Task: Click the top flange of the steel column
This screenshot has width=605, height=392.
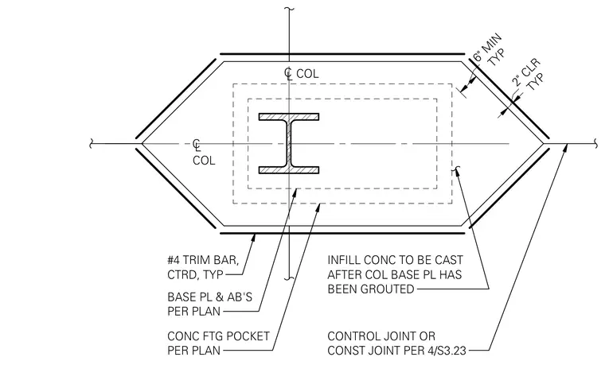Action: [x=289, y=116]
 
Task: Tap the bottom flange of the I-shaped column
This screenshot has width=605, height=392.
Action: [x=289, y=170]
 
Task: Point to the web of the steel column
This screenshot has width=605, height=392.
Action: [x=289, y=143]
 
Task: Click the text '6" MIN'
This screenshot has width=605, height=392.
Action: [x=488, y=48]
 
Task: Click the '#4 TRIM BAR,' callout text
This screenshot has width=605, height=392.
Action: [x=203, y=260]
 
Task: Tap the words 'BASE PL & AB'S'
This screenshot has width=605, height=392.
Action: [x=209, y=297]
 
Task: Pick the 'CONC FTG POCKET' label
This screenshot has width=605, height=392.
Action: [x=218, y=336]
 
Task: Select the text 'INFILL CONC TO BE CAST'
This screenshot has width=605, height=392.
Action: [x=395, y=260]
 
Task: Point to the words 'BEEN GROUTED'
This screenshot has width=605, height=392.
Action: [x=371, y=289]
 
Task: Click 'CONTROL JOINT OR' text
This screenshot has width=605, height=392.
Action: [x=381, y=336]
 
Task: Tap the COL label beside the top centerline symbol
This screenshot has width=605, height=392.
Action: [x=307, y=74]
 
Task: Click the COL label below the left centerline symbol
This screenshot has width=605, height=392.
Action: [x=204, y=161]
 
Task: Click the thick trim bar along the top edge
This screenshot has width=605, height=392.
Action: [x=342, y=54]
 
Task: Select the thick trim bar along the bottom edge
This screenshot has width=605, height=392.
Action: [x=342, y=233]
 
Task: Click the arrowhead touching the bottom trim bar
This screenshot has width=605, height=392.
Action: [x=253, y=238]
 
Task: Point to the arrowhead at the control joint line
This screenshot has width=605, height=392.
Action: [x=564, y=148]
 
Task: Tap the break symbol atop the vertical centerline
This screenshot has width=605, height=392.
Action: [x=289, y=10]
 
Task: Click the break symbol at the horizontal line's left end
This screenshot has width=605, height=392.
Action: [x=92, y=144]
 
